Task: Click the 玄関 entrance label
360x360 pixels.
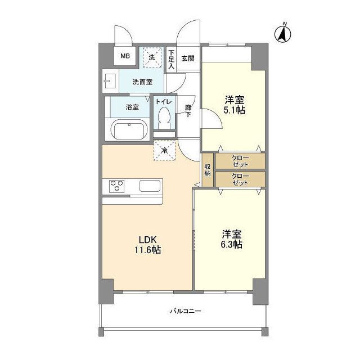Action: coord(188,58)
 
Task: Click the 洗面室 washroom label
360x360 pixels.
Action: coord(142,82)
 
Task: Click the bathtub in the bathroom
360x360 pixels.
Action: coord(129,130)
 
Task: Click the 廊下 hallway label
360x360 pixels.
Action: coord(188,110)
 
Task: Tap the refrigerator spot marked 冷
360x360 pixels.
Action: coord(164,150)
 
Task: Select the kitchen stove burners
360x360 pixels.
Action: coord(117,186)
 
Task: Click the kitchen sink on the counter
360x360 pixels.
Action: coord(150,186)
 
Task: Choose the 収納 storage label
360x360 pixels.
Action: coord(208,169)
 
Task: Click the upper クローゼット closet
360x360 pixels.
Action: coord(240,161)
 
